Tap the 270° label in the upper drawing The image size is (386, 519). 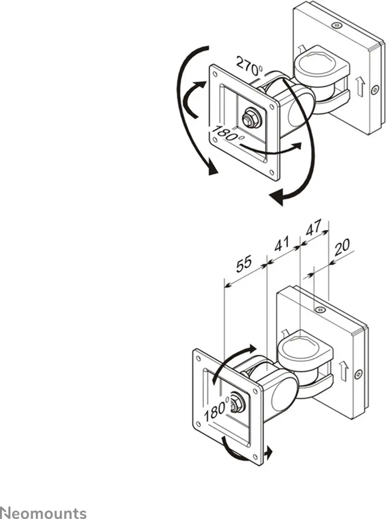(250, 67)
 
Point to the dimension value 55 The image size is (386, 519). (244, 264)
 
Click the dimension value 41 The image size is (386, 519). (282, 244)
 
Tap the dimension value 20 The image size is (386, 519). (342, 247)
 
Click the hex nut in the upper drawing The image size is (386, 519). (251, 117)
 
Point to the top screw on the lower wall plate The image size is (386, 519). (320, 310)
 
